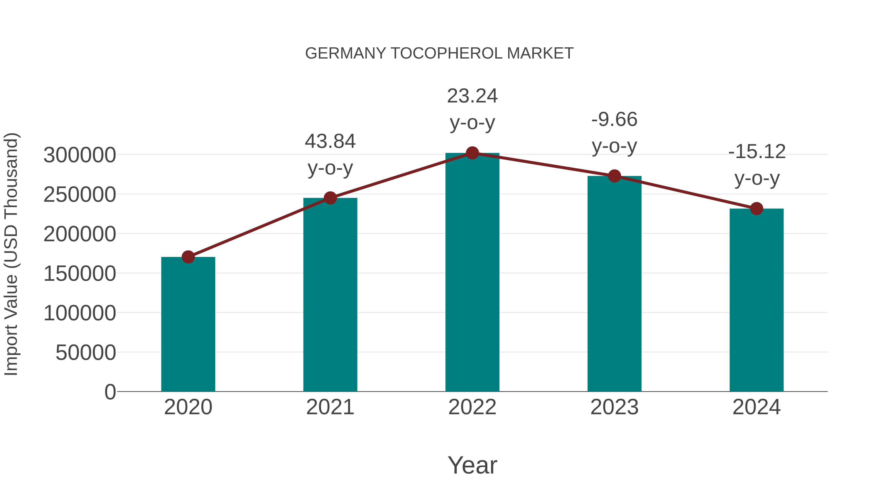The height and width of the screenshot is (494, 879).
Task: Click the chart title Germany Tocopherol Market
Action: (x=439, y=53)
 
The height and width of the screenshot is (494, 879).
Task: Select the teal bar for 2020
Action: (x=188, y=324)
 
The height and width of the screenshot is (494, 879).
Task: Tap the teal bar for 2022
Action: (x=472, y=273)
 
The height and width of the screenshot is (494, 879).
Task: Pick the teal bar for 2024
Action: (x=756, y=300)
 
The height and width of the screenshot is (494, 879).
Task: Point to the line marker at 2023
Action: (x=614, y=176)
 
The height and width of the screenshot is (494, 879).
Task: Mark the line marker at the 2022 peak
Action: (x=472, y=153)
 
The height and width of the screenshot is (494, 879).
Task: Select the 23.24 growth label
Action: (x=472, y=109)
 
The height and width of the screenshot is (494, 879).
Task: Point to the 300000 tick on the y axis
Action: (x=80, y=155)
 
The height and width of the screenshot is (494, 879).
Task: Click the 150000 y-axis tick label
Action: (x=80, y=274)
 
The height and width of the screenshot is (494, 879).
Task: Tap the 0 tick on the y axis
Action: (x=110, y=392)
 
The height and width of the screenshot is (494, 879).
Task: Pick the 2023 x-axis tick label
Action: (x=614, y=407)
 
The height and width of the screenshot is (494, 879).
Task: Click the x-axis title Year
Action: (x=472, y=465)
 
